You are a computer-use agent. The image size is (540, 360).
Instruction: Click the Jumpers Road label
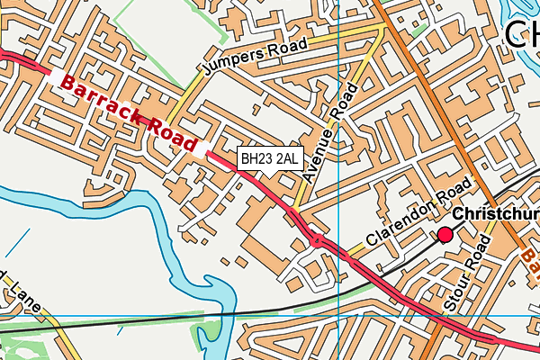click(x=256, y=57)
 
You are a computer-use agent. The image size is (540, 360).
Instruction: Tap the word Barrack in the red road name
click(x=96, y=96)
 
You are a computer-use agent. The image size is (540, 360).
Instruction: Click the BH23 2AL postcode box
click(x=268, y=159)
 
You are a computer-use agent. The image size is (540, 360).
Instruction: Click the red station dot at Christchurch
click(x=445, y=236)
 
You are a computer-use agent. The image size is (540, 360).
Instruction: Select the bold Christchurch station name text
click(x=495, y=215)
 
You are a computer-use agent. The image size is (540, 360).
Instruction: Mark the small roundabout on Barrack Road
click(x=317, y=239)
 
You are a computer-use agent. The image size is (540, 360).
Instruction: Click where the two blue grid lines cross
click(x=338, y=316)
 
